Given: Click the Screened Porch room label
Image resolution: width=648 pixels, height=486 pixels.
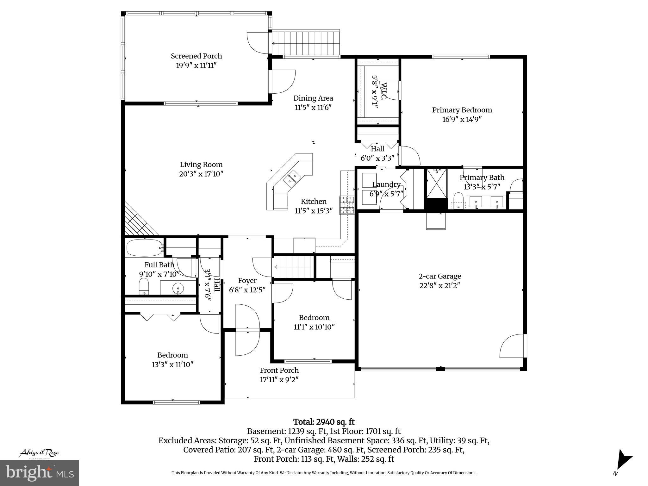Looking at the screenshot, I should tap(196, 56).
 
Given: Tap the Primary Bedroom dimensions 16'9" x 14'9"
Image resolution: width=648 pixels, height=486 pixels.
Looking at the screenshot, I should tap(462, 119).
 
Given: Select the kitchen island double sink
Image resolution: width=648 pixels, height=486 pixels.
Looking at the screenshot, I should tap(292, 178).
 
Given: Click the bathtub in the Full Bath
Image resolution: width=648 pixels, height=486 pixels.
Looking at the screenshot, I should tap(144, 248).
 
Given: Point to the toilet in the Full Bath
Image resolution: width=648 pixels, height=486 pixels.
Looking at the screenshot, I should tap(144, 286).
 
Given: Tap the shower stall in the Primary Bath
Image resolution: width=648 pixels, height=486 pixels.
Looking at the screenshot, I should tap(437, 183).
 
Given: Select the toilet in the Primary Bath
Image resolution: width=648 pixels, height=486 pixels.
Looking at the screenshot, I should tap(458, 201).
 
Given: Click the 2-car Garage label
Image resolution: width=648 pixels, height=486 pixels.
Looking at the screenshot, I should tap(440, 276).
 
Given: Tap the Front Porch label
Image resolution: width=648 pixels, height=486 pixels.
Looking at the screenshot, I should tap(279, 370).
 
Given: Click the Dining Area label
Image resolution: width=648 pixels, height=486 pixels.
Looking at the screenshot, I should tap(313, 98).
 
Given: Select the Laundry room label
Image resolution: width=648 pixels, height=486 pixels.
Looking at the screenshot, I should tap(386, 184).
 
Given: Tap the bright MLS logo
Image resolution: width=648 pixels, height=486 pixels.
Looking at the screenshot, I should tap(40, 473).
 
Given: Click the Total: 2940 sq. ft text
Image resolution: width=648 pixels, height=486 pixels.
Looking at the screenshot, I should tap(324, 422).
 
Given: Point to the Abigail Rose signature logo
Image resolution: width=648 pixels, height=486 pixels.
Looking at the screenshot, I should tap(39, 453).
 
